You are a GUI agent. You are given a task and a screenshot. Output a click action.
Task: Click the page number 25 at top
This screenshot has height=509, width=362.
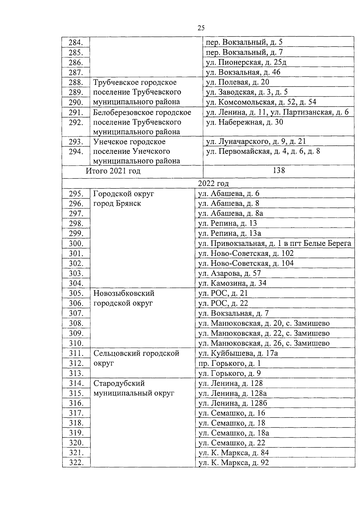201,28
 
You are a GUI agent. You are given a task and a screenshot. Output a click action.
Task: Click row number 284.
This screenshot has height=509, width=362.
76,42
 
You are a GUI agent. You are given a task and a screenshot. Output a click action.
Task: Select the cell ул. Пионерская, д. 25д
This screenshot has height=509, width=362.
246,62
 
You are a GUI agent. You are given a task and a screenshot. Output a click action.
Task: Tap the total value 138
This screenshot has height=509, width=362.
278,170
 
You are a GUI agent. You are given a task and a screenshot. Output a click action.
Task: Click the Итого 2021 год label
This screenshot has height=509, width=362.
113,171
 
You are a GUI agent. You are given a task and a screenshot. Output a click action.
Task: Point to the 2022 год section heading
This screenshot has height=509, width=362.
213,183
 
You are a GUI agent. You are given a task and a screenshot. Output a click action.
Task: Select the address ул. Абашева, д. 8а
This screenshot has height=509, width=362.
230,213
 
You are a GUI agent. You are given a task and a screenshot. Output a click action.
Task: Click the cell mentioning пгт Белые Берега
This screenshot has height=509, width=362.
275,243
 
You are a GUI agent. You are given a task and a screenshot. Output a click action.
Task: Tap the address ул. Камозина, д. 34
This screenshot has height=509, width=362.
232,283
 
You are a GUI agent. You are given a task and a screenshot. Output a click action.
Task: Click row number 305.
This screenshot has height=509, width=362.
76,293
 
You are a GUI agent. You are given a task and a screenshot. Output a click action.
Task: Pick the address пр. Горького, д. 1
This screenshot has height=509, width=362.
230,363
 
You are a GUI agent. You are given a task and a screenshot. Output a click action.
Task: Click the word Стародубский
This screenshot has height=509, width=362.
119,383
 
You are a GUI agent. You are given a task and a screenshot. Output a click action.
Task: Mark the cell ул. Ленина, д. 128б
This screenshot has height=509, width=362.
233,403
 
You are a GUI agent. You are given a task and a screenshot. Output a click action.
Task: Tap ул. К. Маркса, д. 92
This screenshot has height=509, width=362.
233,462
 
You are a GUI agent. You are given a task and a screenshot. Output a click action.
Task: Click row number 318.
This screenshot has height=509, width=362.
76,423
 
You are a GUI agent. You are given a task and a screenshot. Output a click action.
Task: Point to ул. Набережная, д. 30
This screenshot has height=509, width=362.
244,122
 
